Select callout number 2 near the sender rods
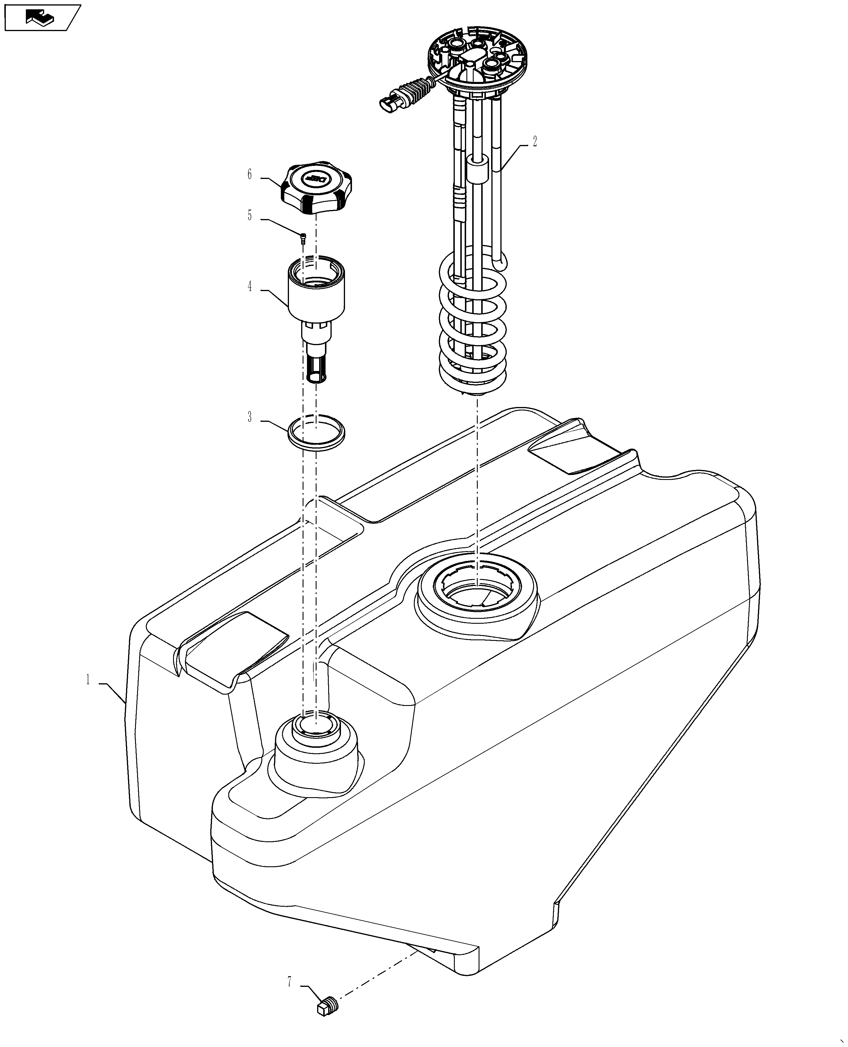coord(535,142)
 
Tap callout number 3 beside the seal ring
coord(250,417)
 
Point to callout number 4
coord(250,287)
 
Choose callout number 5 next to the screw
coord(250,216)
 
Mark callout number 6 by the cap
coord(250,174)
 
